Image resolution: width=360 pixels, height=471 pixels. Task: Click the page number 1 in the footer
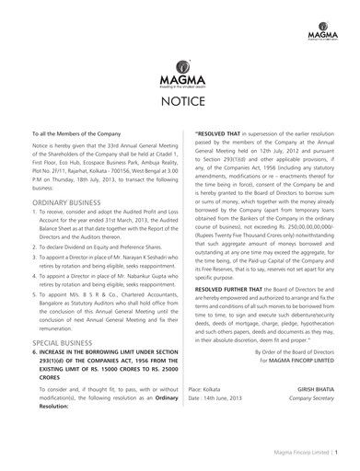click(338, 453)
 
